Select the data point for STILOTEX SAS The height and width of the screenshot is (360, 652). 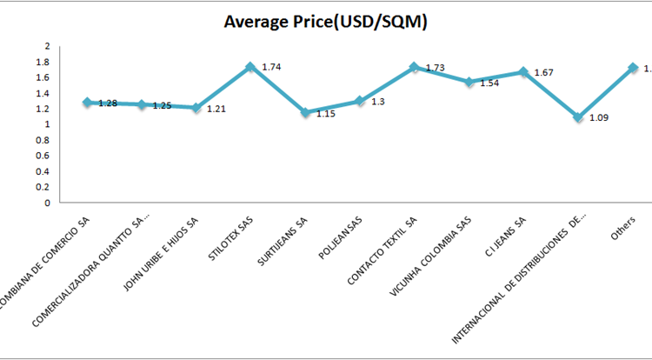pyautogui.click(x=250, y=67)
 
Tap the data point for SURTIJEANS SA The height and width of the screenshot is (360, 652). pyautogui.click(x=305, y=112)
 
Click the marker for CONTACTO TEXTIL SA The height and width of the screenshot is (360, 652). pyautogui.click(x=415, y=67)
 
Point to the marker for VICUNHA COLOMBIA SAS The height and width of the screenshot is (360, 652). pyautogui.click(x=469, y=82)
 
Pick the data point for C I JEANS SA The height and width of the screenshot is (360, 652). pyautogui.click(x=523, y=72)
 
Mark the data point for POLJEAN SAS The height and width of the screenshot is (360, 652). pyautogui.click(x=360, y=101)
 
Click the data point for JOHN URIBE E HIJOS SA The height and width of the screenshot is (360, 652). pyautogui.click(x=196, y=108)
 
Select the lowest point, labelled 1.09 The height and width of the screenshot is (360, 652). pyautogui.click(x=578, y=117)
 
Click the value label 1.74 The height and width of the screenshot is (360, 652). pyautogui.click(x=271, y=66)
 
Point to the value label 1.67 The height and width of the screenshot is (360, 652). pyautogui.click(x=543, y=72)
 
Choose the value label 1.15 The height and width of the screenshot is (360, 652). pyautogui.click(x=325, y=113)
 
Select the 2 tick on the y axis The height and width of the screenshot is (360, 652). pyautogui.click(x=48, y=46)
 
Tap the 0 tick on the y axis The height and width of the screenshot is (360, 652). pyautogui.click(x=48, y=203)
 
